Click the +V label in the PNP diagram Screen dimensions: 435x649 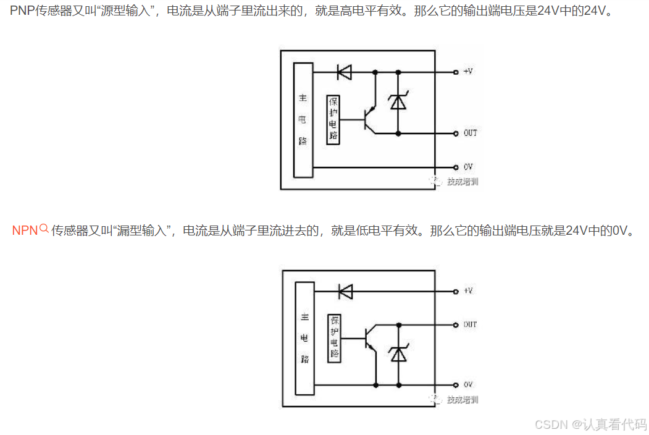point(467,72)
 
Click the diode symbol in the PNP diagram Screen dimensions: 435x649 point(344,72)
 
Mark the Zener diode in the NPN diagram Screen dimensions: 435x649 point(399,354)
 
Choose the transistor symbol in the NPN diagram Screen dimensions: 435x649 point(371,339)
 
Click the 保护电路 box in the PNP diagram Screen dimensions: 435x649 point(333,118)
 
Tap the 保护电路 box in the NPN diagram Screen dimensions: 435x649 point(334,338)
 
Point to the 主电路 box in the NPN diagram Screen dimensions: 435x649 point(304,338)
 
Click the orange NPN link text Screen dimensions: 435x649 point(25,231)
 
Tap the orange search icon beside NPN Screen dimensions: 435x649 point(44,229)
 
